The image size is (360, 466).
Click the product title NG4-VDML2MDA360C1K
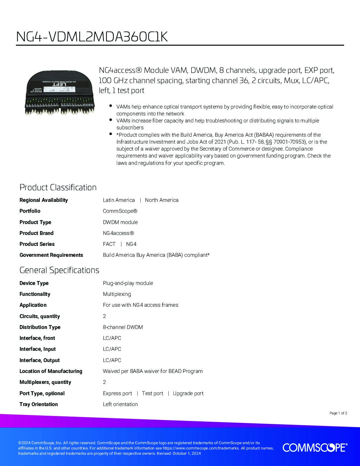coord(92,37)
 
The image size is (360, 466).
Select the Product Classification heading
coord(58,187)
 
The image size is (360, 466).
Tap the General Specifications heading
coord(59,270)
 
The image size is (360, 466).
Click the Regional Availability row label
coord(43,200)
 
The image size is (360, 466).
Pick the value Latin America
coord(119,200)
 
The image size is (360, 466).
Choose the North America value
coord(161,200)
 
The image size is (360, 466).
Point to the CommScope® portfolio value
coord(120,211)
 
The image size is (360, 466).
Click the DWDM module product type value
coord(120,222)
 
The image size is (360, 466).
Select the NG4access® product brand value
coord(118,233)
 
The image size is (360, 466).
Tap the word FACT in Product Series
coord(109,244)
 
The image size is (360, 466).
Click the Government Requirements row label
coord(51,255)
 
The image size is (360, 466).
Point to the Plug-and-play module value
coord(128,283)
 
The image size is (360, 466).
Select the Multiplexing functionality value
coord(117,294)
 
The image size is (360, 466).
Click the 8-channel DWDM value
coord(123,327)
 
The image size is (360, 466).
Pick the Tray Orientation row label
coord(38,404)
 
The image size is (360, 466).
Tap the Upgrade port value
coord(188,393)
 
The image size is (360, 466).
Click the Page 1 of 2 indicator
coord(338,413)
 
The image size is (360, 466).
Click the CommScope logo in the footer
coord(315,447)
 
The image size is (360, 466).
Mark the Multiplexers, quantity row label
coord(45,382)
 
